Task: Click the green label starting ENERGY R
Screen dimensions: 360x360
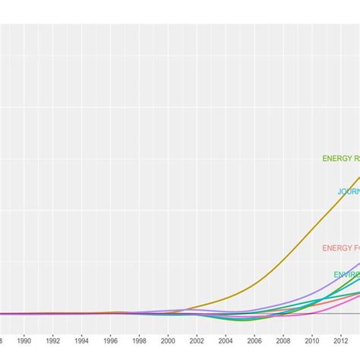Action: coord(340,159)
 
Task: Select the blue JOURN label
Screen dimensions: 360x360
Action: coord(348,192)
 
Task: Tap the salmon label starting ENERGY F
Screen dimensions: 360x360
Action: coord(340,248)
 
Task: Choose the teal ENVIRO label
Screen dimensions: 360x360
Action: coord(346,274)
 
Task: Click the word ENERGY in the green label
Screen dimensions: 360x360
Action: coord(336,159)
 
